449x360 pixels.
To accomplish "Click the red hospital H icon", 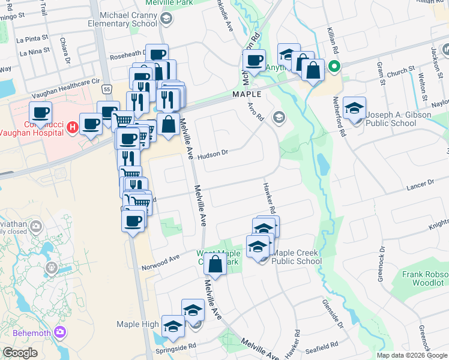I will click(x=72, y=127).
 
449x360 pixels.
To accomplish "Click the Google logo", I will click(x=20, y=353).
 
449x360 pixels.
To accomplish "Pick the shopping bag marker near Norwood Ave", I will click(x=215, y=264).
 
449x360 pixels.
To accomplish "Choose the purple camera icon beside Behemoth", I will click(x=59, y=332).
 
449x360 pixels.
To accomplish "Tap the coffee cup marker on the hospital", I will click(x=40, y=112).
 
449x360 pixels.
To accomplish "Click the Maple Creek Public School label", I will click(x=297, y=257).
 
